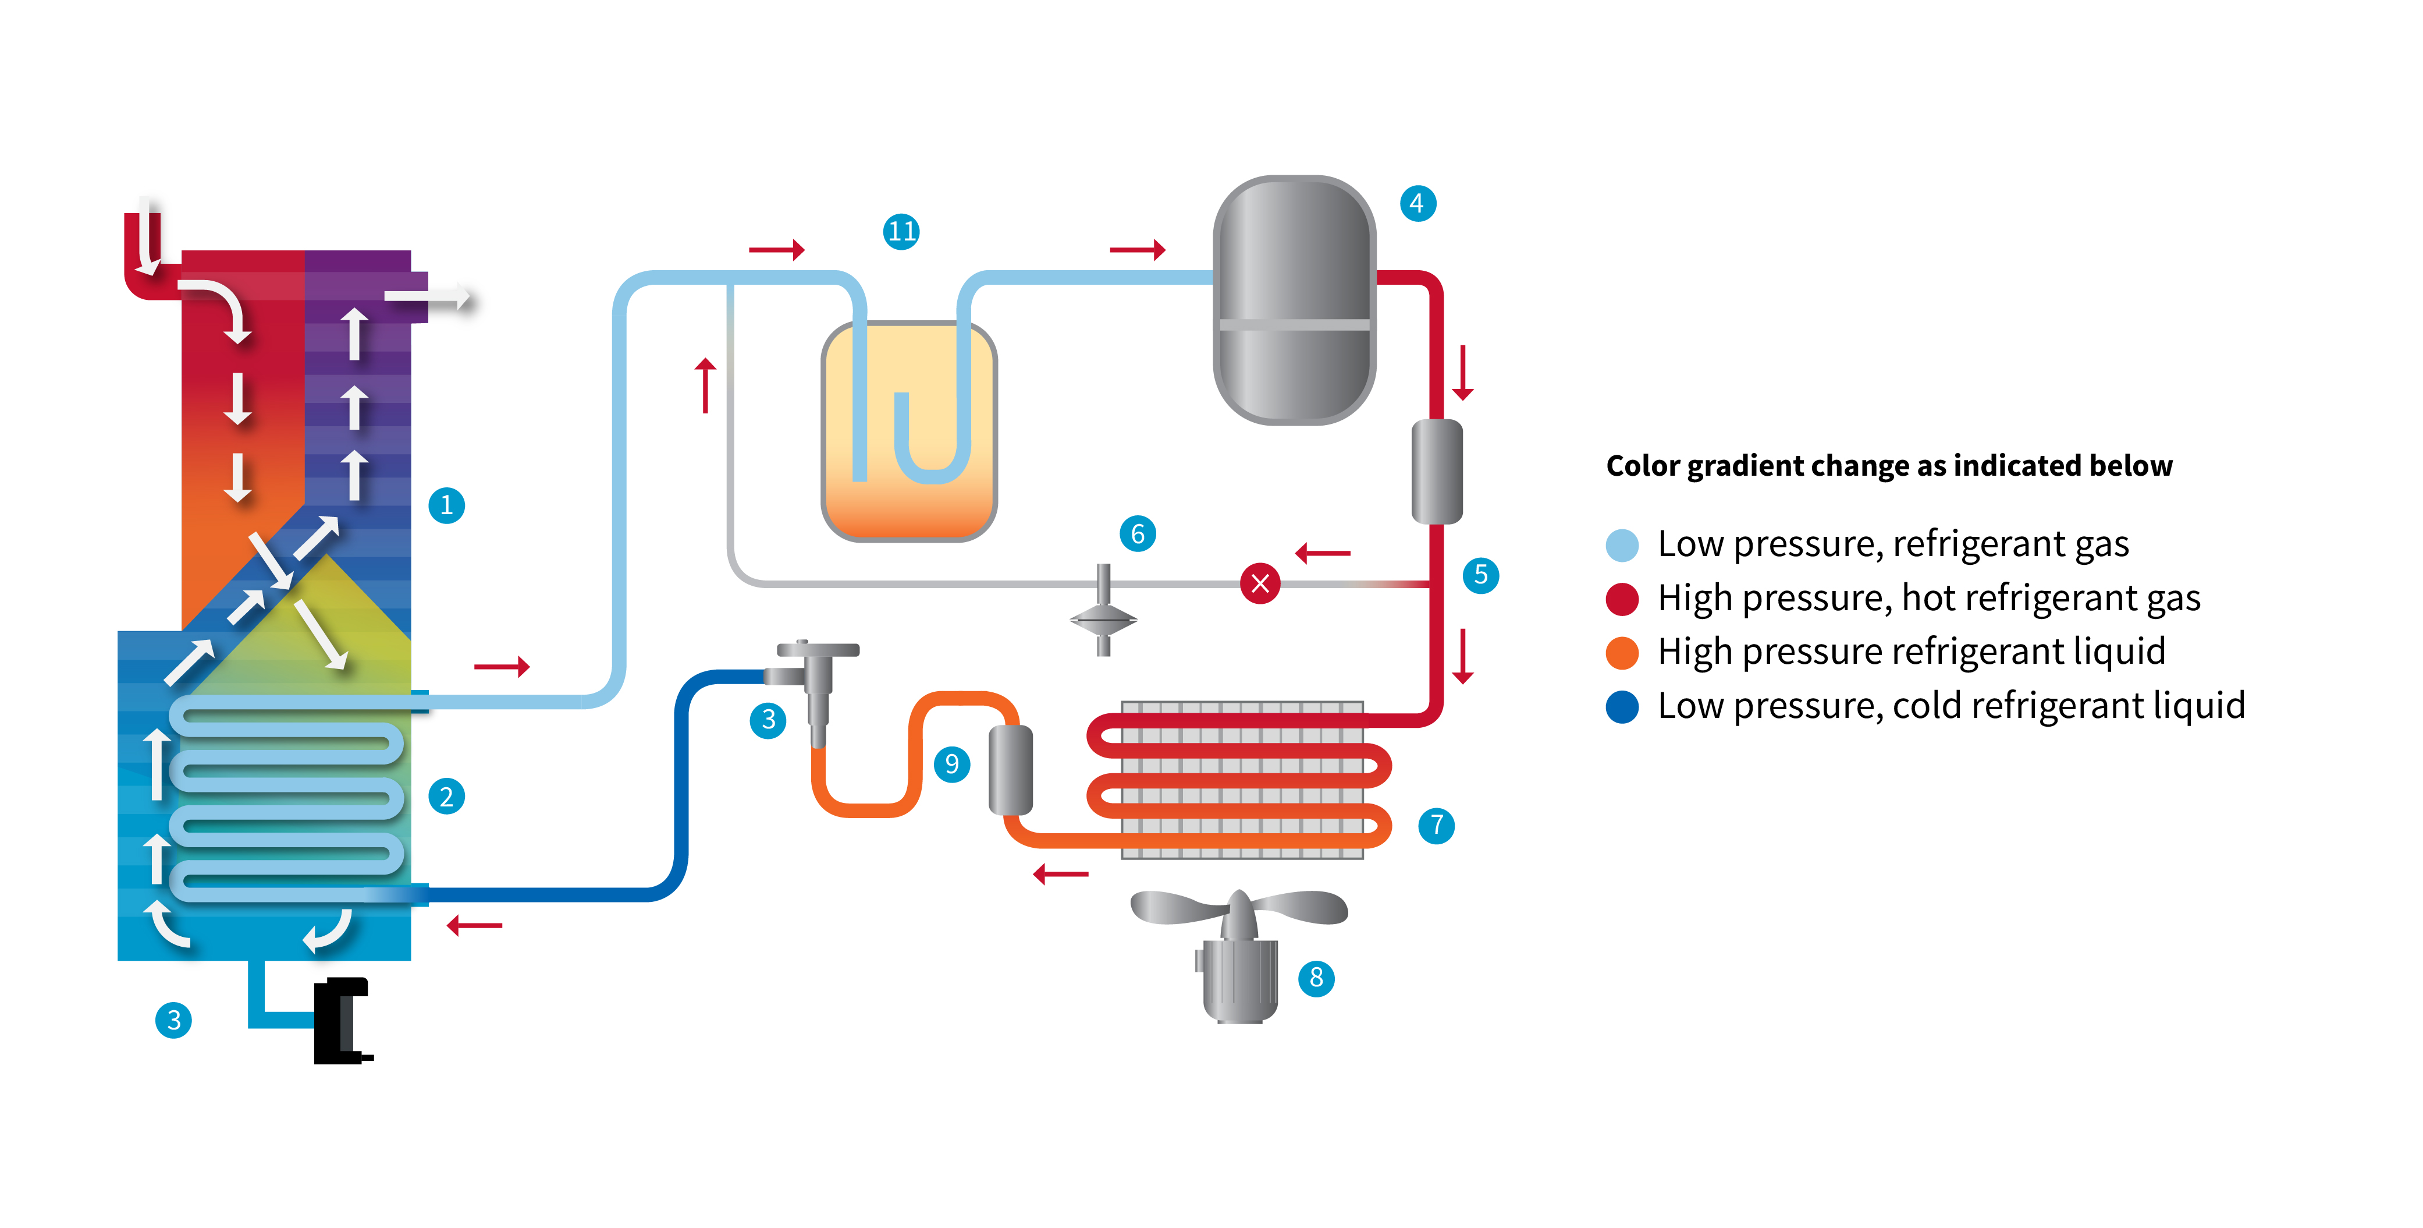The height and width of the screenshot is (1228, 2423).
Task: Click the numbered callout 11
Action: coord(901,232)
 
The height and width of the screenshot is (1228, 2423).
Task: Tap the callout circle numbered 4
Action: coord(1417,203)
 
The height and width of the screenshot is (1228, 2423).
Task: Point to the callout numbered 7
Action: coord(1436,825)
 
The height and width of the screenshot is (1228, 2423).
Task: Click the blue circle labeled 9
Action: coord(952,763)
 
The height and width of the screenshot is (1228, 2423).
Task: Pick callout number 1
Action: coord(447,505)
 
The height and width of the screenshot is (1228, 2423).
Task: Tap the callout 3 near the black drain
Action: coord(174,1020)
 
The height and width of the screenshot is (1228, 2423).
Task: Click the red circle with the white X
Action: coord(1260,583)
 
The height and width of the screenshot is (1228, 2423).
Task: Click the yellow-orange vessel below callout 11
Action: coord(909,431)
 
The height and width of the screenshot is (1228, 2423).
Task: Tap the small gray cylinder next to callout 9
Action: coord(1011,770)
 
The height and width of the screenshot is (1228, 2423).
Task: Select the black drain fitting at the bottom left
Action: coord(340,1021)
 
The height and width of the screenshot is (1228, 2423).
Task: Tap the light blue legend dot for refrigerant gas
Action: coord(1622,545)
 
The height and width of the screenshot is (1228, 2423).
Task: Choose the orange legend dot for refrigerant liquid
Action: coord(1622,652)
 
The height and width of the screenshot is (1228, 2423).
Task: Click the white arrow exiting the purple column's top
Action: coord(428,298)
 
